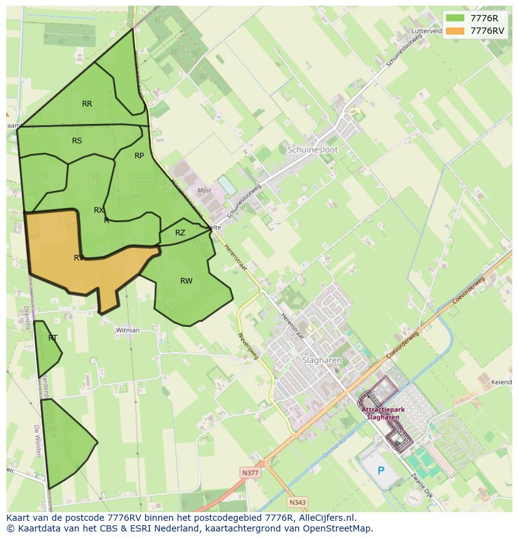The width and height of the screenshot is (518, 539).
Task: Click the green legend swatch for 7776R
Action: [455, 18]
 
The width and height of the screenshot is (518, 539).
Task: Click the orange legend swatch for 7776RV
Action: [455, 30]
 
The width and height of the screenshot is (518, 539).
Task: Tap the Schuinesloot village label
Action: [313, 150]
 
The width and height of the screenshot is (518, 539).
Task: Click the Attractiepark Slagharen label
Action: [383, 413]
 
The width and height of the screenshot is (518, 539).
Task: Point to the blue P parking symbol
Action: [380, 471]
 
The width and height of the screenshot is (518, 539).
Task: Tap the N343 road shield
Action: [298, 502]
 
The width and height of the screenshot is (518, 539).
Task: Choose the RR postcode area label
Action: [87, 104]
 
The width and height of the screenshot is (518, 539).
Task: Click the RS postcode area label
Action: [77, 141]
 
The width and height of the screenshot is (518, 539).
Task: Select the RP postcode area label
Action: [139, 156]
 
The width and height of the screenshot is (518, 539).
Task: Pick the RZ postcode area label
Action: [180, 233]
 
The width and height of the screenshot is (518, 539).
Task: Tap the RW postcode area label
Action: [186, 281]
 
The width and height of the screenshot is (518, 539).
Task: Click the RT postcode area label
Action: [53, 338]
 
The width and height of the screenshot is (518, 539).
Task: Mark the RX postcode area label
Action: [99, 210]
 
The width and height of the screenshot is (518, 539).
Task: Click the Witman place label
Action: [127, 330]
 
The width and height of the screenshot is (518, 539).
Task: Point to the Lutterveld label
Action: [427, 30]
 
